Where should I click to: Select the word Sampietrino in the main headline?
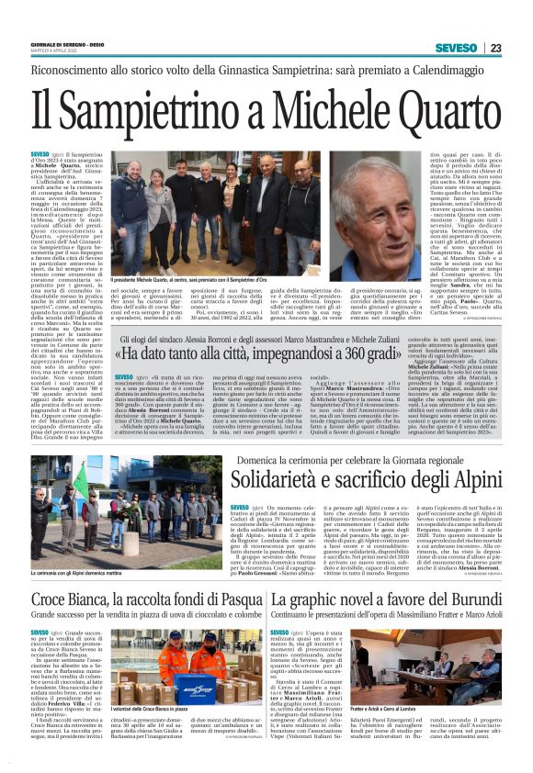coord(147,112)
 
